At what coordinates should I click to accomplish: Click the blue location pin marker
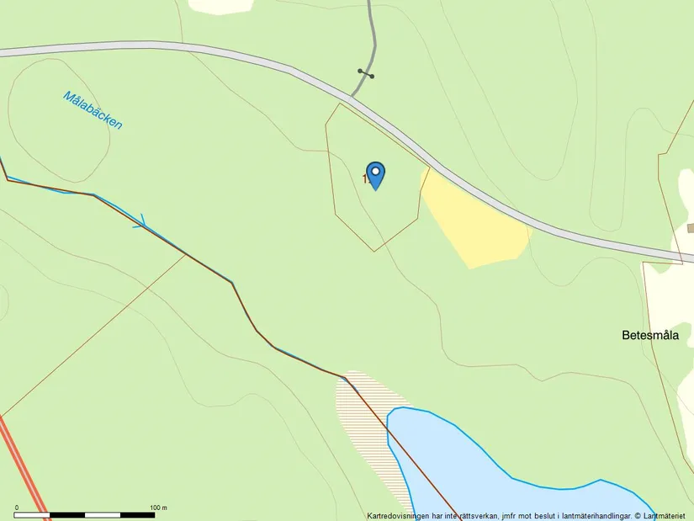[x=376, y=173]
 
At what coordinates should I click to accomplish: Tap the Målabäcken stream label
[x=93, y=110]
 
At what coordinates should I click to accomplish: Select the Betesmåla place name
[x=650, y=335]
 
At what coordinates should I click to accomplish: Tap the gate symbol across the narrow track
[x=366, y=74]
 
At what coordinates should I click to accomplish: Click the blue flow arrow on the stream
[x=140, y=222]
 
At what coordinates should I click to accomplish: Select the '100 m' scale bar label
[x=158, y=507]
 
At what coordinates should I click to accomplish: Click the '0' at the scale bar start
[x=16, y=507]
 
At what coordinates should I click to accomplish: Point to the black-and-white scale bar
[x=84, y=514]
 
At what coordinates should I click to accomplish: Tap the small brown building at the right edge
[x=690, y=228]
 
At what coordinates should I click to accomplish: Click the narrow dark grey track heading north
[x=371, y=34]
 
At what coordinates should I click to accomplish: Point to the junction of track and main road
[x=352, y=97]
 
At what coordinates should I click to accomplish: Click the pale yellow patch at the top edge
[x=220, y=5]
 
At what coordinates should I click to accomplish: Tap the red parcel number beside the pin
[x=365, y=178]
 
